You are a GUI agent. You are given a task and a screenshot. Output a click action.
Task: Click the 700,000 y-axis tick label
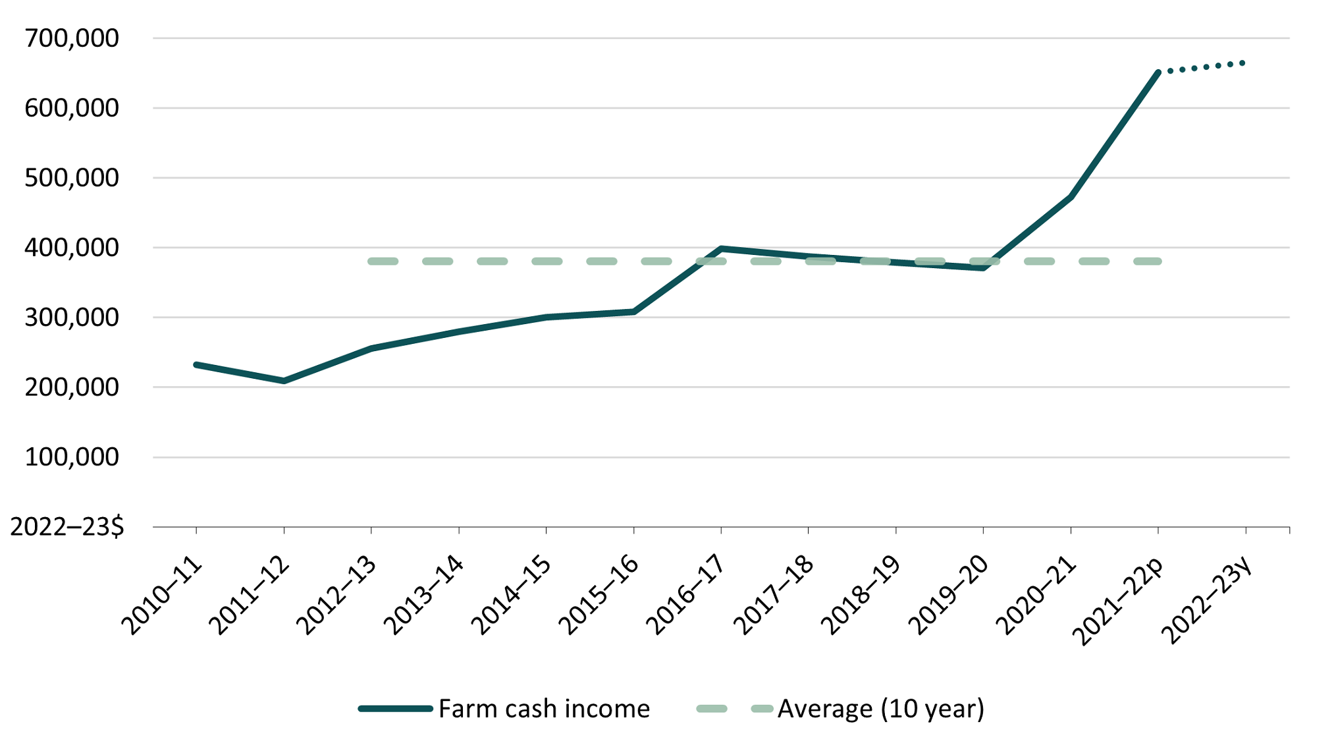tap(72, 38)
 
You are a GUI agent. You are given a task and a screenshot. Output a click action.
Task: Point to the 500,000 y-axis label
tap(72, 178)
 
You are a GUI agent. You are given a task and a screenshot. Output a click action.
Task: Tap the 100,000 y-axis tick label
tap(72, 457)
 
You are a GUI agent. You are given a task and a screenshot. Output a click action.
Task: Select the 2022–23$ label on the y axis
tap(67, 527)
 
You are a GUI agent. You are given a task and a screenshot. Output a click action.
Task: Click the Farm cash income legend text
tap(544, 709)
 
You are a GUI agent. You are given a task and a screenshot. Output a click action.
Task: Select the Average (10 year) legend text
tap(881, 709)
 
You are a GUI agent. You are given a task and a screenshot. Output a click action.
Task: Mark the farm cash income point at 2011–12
tap(284, 381)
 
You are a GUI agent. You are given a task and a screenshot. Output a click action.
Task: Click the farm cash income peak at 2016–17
tap(721, 249)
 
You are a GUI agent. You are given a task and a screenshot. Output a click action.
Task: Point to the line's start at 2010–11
tap(196, 364)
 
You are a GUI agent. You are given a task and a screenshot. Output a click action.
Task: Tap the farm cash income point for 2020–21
tap(1071, 197)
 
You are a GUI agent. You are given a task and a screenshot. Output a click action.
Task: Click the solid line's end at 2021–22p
tap(1158, 72)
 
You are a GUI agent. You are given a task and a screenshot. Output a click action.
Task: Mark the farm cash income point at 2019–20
tap(983, 267)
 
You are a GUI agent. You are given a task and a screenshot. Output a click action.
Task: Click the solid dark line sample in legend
tap(395, 709)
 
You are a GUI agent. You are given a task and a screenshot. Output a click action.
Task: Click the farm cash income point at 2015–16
tap(633, 312)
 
